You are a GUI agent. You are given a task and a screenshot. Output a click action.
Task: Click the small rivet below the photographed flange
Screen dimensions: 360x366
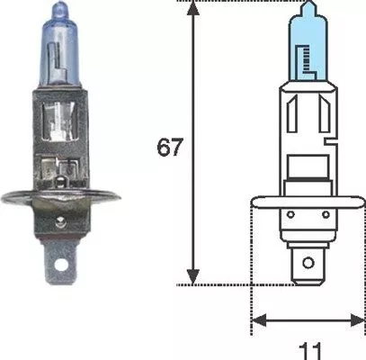click(x=61, y=221)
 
